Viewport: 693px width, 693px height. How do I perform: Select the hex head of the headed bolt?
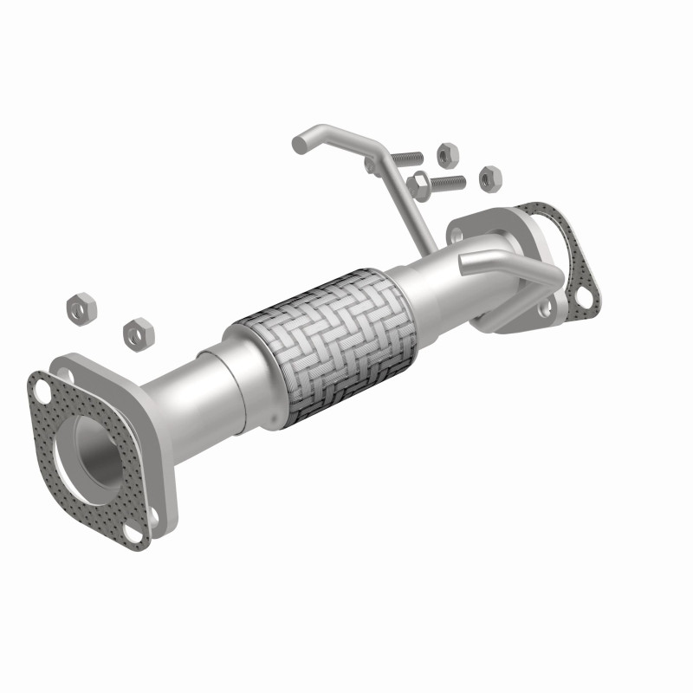click(x=418, y=185)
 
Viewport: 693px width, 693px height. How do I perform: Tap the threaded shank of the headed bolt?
click(x=447, y=183)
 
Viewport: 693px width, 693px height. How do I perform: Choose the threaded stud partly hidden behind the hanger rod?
click(x=404, y=159)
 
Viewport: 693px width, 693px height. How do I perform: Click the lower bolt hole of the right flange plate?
click(x=542, y=309)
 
